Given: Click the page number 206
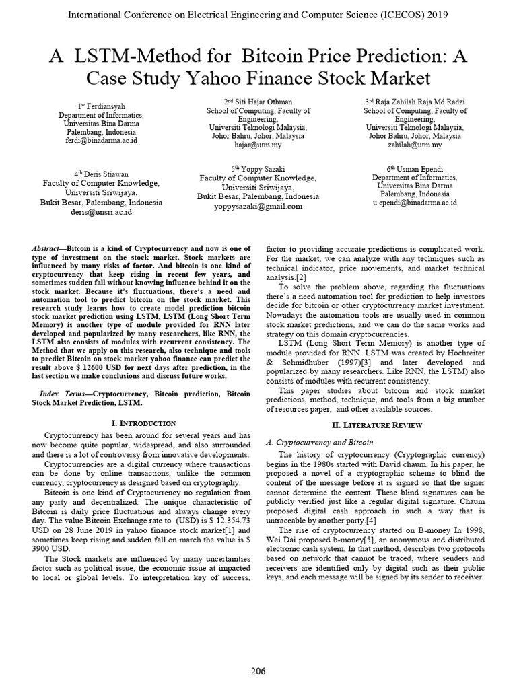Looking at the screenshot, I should tap(258, 671).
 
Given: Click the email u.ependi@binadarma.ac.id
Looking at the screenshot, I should tap(415, 201).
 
